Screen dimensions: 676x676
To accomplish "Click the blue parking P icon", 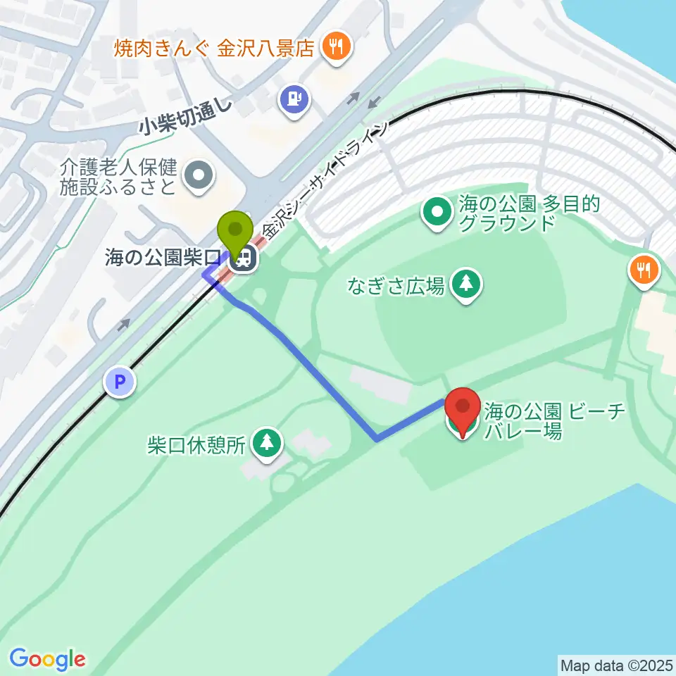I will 120,383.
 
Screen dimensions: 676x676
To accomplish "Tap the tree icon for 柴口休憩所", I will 267,443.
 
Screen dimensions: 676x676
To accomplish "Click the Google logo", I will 48,659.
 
